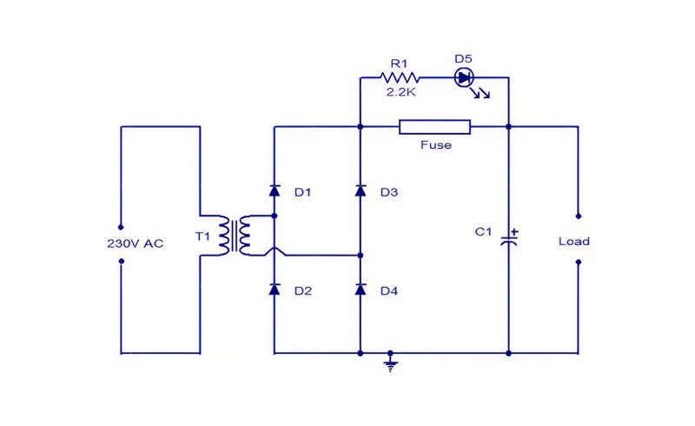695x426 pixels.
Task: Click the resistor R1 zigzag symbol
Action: (400, 78)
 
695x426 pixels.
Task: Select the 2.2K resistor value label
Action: (400, 92)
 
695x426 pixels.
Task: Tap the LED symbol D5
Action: (464, 78)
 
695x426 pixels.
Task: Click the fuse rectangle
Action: (435, 127)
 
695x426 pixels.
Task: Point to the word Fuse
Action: (436, 145)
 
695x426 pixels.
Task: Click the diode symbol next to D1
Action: (275, 190)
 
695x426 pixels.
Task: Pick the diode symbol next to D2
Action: (275, 290)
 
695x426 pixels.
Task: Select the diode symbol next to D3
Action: (361, 190)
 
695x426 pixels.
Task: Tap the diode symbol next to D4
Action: (361, 290)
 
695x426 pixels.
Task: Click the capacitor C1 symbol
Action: (509, 240)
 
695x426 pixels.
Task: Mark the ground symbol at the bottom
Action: (390, 364)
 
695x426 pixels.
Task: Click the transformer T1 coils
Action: (235, 236)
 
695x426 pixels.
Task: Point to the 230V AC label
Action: (136, 243)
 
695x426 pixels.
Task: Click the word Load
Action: (574, 242)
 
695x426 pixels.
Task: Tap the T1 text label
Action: (202, 236)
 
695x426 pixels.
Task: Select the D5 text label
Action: (464, 58)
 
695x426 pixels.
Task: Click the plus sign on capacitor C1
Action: (514, 231)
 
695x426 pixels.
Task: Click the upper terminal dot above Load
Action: (578, 216)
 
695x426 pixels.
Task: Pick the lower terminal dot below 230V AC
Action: (121, 261)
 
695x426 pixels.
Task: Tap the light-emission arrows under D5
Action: (480, 93)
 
